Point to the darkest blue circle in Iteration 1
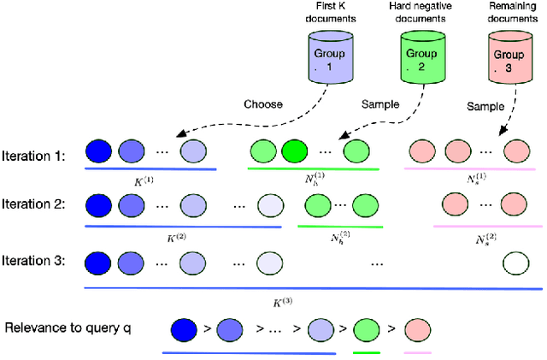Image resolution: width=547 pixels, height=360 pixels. pos(101,153)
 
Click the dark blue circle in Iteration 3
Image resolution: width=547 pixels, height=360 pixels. pos(101,260)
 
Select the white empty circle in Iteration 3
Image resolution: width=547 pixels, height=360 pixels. pos(515,261)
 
